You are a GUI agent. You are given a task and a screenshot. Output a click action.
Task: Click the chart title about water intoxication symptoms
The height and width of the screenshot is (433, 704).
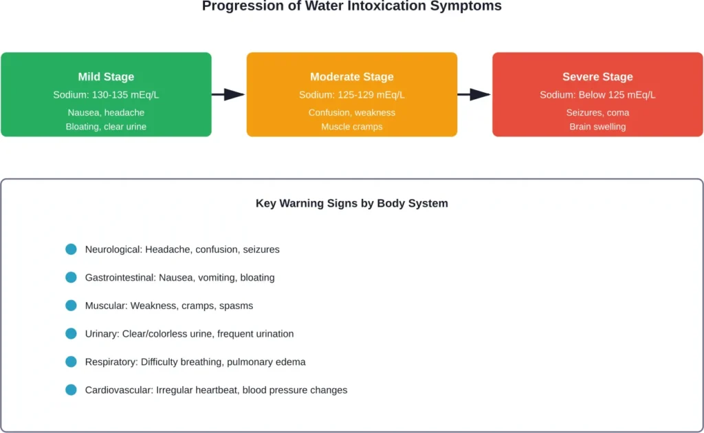[351, 7]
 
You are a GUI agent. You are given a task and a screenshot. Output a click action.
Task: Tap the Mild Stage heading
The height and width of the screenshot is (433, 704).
[106, 77]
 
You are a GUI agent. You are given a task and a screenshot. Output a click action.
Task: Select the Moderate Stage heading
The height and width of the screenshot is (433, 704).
[351, 77]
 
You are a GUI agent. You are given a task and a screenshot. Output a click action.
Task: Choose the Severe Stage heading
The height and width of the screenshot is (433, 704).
[597, 77]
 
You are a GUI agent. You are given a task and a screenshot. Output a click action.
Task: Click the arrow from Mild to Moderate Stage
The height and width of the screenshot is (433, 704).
[228, 94]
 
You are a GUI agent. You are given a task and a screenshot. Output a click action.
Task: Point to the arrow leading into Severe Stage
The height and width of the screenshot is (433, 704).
[474, 94]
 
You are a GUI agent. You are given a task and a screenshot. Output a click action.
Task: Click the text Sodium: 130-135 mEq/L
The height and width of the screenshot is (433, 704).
[106, 95]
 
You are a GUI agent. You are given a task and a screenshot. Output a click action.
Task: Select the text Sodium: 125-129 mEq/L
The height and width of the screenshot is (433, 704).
[351, 95]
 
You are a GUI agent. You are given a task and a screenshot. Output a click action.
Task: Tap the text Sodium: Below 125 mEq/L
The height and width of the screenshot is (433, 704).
[597, 95]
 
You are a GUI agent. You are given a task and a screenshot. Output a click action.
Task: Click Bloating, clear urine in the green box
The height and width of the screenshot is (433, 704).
[106, 127]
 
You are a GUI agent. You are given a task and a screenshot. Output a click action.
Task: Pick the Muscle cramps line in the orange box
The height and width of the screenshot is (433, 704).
[351, 127]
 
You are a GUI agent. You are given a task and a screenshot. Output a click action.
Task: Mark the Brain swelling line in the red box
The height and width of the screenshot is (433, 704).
[597, 127]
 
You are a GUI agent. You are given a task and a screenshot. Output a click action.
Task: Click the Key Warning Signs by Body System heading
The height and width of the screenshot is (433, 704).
[351, 204]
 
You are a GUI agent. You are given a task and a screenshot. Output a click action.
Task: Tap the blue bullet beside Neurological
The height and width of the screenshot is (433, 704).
[71, 249]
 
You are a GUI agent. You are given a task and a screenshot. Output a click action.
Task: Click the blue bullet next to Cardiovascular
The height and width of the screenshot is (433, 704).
[71, 390]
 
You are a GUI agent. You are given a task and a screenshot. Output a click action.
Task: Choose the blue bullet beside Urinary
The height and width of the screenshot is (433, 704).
[71, 334]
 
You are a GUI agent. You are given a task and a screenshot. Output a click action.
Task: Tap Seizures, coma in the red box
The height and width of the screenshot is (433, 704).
[597, 112]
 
